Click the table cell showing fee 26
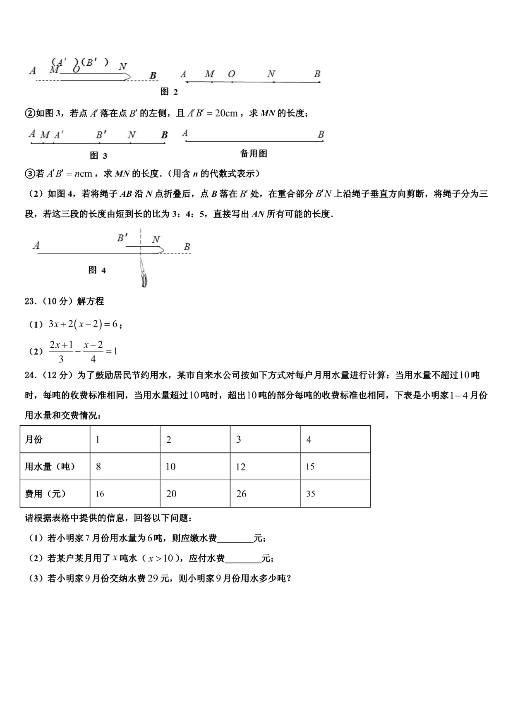coord(265,494)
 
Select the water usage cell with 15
coord(335,466)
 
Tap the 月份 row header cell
coord(55,439)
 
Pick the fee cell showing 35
coord(335,494)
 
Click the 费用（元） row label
coord(55,494)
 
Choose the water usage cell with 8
coord(125,466)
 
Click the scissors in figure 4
coord(144,274)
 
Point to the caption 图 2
coord(169,92)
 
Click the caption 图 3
coord(98,155)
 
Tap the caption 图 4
coord(97,270)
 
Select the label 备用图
coord(254,153)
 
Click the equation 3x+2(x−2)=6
coord(83,324)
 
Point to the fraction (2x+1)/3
coord(61,351)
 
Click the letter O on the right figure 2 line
coord(231,74)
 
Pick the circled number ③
coord(30,174)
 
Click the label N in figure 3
coord(132,135)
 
